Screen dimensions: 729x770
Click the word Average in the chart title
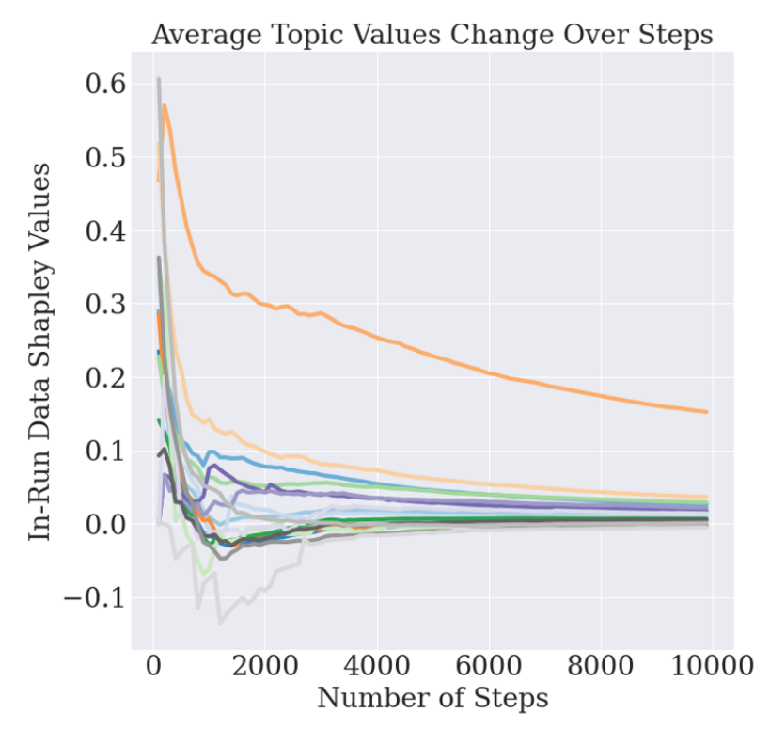[x=201, y=35]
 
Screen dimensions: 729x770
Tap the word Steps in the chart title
[x=673, y=35]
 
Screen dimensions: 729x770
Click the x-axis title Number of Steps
[x=432, y=699]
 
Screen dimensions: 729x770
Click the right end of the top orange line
[x=706, y=411]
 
